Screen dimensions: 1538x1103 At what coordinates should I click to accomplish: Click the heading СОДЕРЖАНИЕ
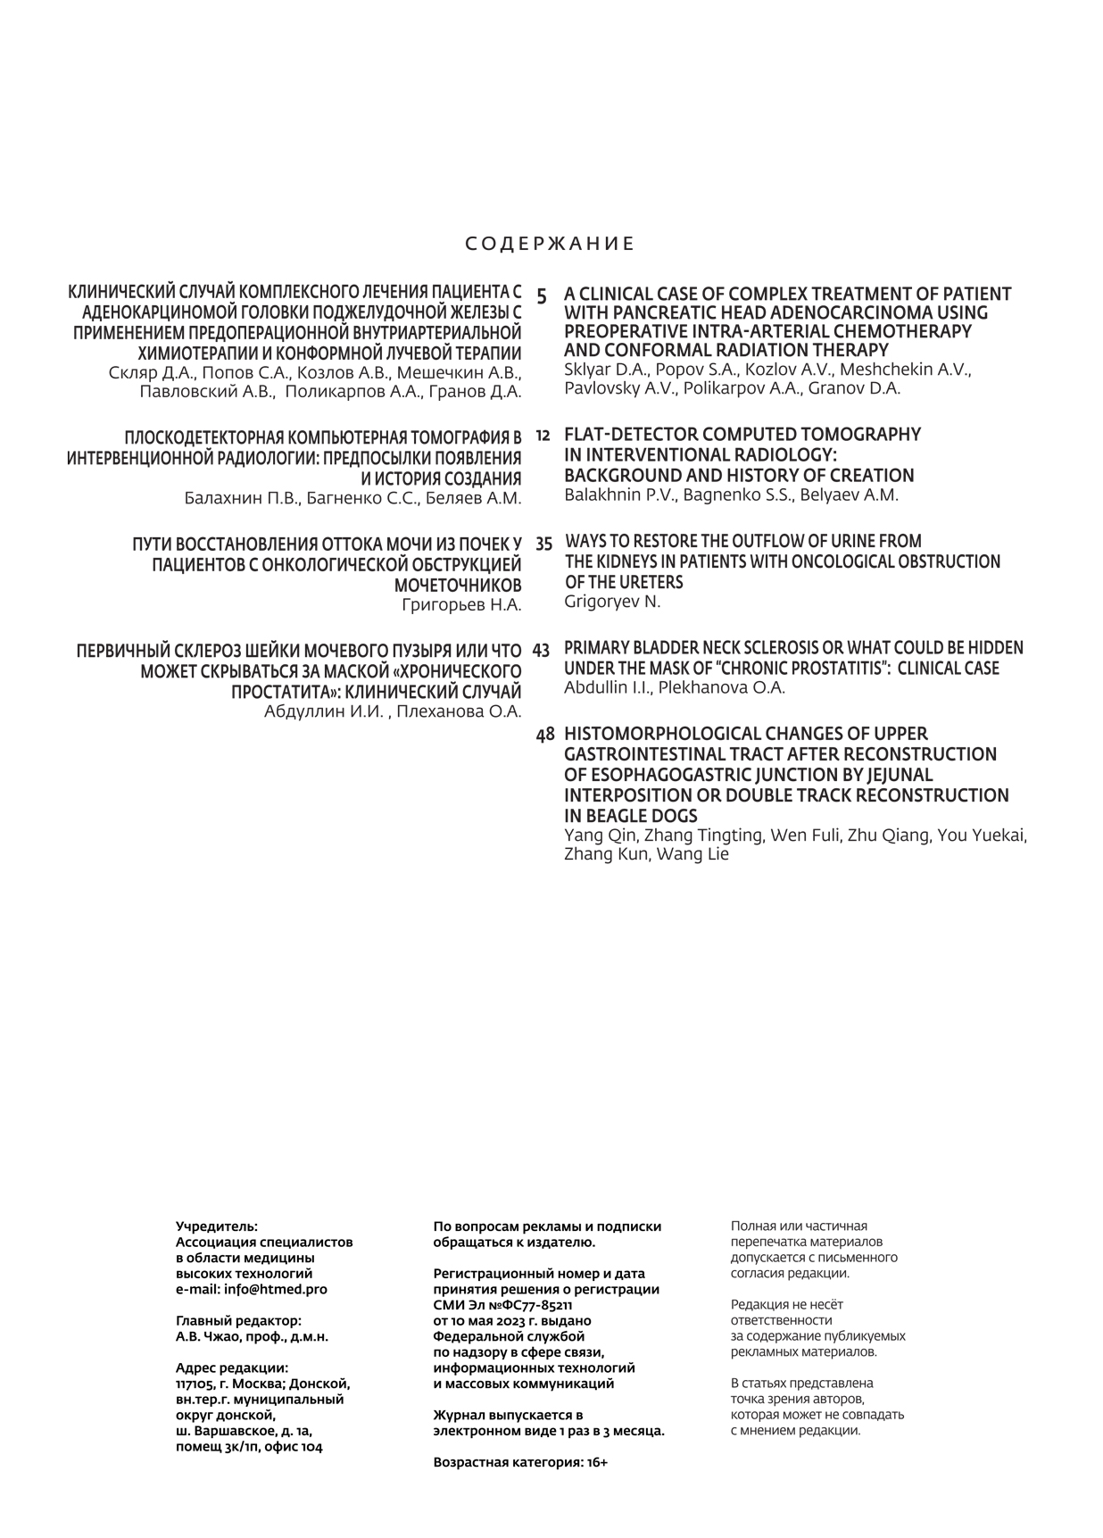[x=551, y=245]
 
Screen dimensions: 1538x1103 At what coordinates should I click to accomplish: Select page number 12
[x=543, y=436]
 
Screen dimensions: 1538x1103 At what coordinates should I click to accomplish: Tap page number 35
[x=543, y=543]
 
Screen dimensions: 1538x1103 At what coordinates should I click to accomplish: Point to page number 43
[x=541, y=650]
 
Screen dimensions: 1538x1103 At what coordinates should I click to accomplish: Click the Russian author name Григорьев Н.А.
[x=461, y=605]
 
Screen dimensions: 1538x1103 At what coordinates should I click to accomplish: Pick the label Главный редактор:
[x=239, y=1320]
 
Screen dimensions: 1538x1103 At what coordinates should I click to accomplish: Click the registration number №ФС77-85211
[x=528, y=1305]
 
